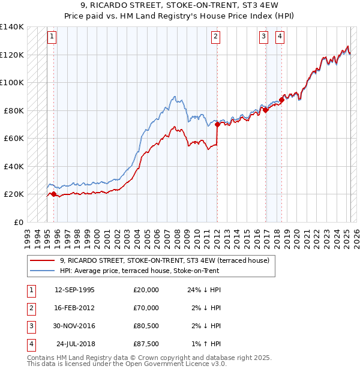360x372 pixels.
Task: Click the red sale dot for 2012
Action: click(x=217, y=125)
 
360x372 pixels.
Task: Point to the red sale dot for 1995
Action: click(x=53, y=194)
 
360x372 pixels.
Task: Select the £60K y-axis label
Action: click(x=14, y=138)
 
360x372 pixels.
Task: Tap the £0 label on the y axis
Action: click(x=18, y=222)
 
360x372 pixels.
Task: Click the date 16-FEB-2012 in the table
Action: click(x=74, y=308)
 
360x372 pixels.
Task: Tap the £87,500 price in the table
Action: click(x=146, y=344)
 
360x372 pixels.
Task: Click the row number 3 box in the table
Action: click(x=30, y=326)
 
